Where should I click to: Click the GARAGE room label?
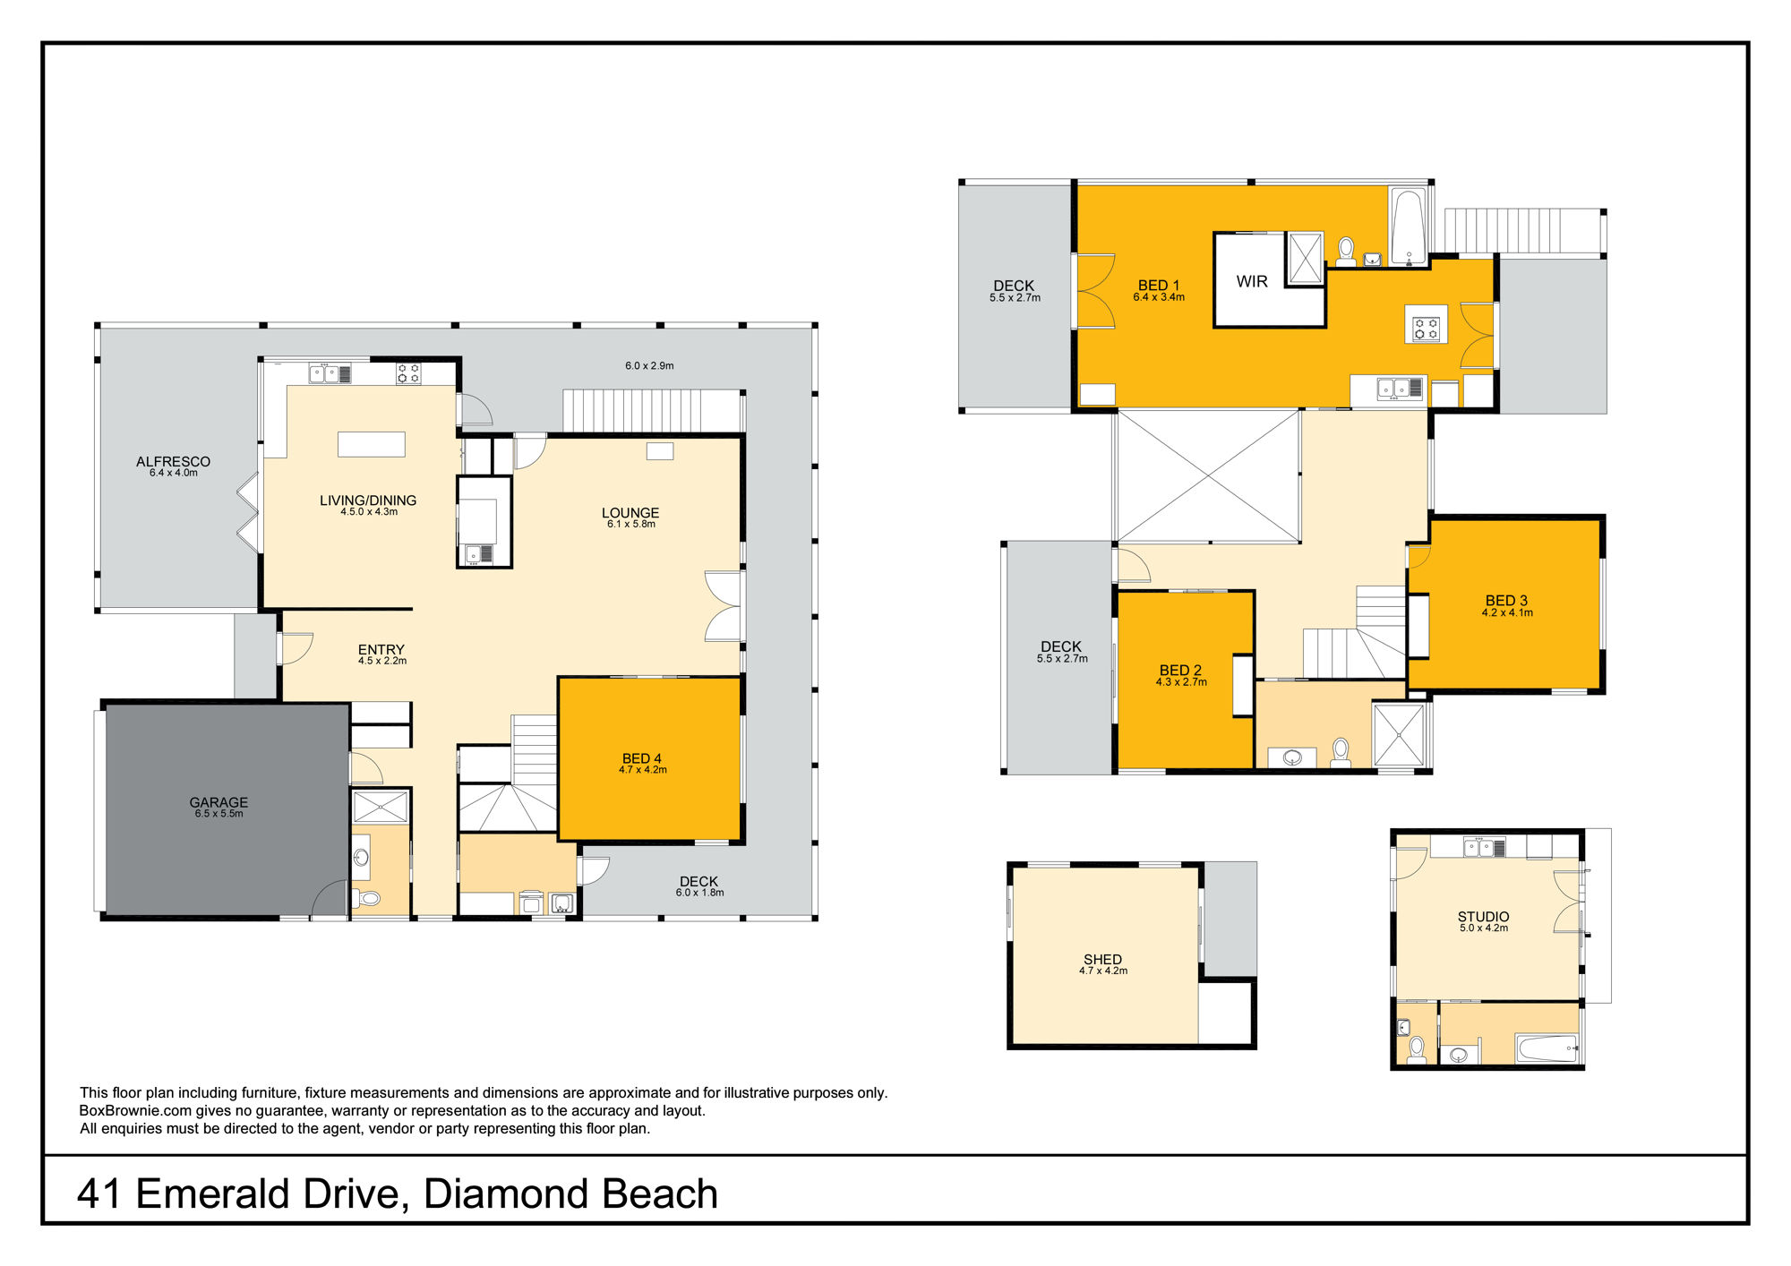click(x=219, y=802)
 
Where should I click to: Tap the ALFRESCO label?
click(x=173, y=461)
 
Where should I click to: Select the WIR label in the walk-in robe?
click(x=1252, y=281)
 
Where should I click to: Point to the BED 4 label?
click(x=642, y=758)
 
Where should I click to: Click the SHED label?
click(x=1102, y=959)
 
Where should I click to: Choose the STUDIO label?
click(x=1483, y=917)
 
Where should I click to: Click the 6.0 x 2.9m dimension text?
click(x=649, y=365)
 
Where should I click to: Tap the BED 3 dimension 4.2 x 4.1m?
click(x=1507, y=613)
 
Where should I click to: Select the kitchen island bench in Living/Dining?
click(x=371, y=444)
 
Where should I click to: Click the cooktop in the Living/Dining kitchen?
click(x=408, y=373)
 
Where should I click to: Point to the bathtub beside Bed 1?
click(x=1410, y=227)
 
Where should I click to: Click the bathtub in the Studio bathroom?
click(x=1547, y=1048)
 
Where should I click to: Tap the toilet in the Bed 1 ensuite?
click(x=1345, y=252)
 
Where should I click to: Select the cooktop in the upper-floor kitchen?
click(x=1426, y=324)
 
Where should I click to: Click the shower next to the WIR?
click(x=1305, y=258)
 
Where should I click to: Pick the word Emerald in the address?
click(x=212, y=1193)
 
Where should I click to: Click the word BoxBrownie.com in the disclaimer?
click(x=135, y=1111)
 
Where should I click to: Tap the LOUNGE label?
click(x=630, y=513)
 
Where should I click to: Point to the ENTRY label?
click(x=381, y=650)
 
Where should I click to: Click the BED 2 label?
click(x=1180, y=671)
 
